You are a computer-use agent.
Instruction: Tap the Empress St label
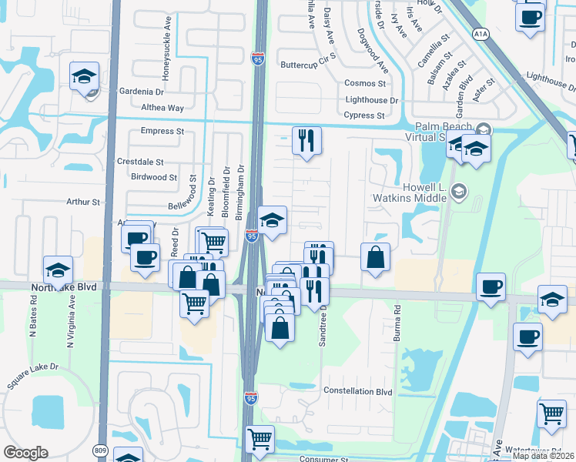[x=162, y=132]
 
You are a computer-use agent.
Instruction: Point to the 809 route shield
[x=102, y=449]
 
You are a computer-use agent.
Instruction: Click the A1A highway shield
[x=481, y=34]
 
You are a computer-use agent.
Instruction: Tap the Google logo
[x=25, y=453]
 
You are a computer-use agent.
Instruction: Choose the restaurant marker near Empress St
[x=306, y=141]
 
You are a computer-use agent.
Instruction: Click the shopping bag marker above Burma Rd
[x=375, y=258]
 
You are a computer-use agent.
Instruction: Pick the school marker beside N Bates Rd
[x=58, y=271]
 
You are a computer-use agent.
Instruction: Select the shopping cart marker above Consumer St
[x=260, y=440]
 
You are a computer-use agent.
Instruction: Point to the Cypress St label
[x=364, y=115]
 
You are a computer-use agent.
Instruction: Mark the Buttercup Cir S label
[x=310, y=65]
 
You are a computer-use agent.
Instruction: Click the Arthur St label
[x=83, y=203]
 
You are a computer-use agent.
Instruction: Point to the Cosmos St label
[x=365, y=83]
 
